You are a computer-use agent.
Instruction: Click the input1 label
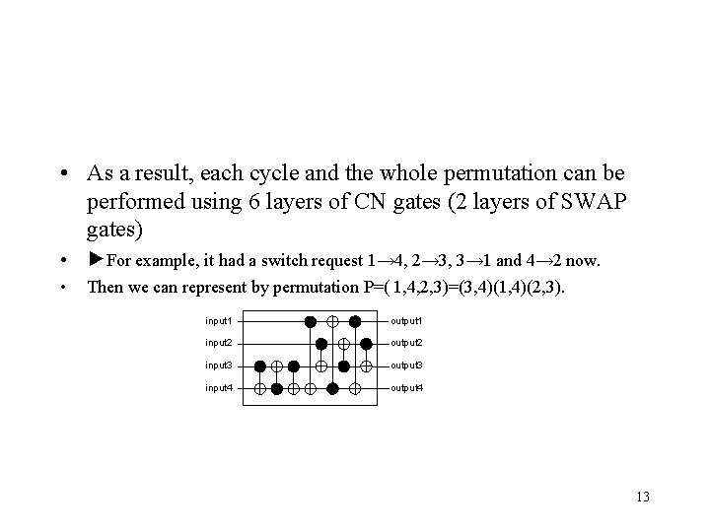tap(218, 321)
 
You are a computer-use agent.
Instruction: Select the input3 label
tap(218, 366)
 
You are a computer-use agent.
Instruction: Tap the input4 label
tap(218, 388)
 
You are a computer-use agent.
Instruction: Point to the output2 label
tap(407, 343)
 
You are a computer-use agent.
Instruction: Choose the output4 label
tap(407, 388)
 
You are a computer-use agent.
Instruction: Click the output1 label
tap(407, 321)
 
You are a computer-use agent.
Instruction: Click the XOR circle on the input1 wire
tap(332, 321)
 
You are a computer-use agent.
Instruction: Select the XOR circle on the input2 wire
tap(344, 343)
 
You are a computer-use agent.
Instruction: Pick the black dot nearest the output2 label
tap(367, 343)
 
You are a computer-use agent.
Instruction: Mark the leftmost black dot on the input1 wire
tap(310, 321)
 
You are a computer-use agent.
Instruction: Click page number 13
tap(643, 496)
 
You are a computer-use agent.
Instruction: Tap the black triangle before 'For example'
tap(96, 261)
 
